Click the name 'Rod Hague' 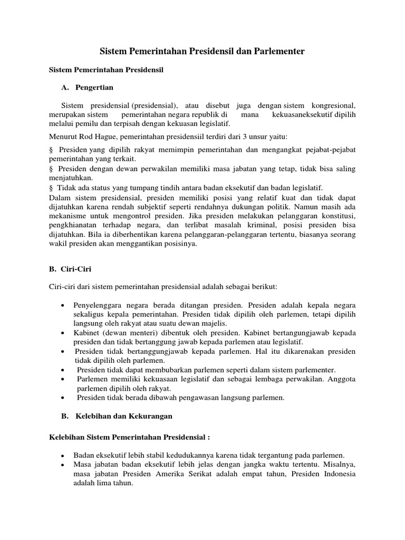92,137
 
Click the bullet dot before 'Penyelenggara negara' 63,306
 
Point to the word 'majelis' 213,323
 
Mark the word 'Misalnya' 339,465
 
